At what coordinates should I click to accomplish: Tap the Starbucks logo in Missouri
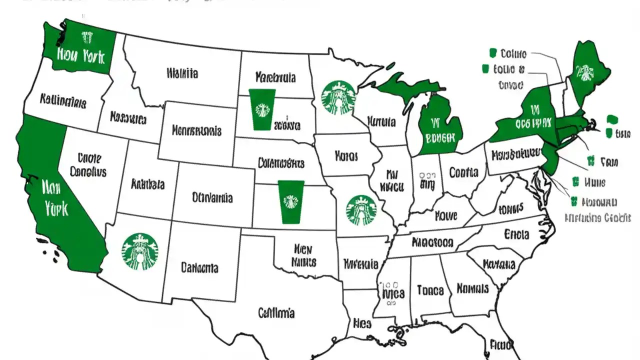[361, 210]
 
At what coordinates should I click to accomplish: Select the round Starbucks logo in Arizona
[139, 251]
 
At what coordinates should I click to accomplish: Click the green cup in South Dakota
[262, 109]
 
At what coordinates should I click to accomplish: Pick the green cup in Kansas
[291, 201]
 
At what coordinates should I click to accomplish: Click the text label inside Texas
[276, 313]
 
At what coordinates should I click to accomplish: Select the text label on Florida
[500, 344]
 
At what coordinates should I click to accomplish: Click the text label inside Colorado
[212, 198]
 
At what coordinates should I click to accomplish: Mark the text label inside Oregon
[62, 102]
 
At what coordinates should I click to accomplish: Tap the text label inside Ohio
[463, 172]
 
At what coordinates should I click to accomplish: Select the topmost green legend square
[492, 52]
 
